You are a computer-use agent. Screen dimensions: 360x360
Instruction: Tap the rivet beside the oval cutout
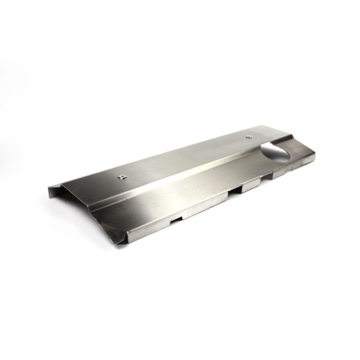249,137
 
